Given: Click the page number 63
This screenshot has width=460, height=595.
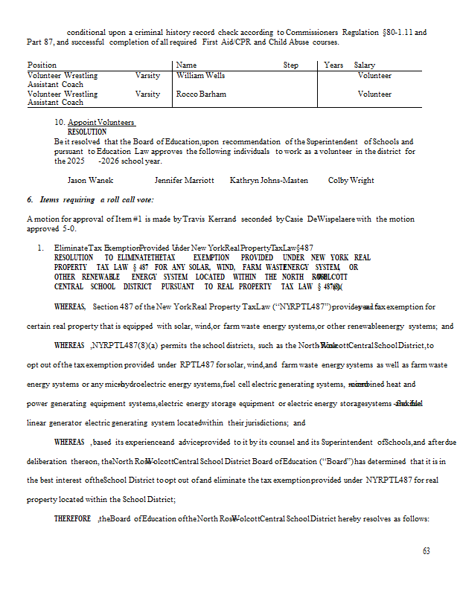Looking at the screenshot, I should point(426,551).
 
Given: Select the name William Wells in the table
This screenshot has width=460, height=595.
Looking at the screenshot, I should point(200,76).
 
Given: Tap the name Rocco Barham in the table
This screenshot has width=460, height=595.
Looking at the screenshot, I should point(201,94).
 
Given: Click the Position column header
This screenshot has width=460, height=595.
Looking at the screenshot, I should point(42,65).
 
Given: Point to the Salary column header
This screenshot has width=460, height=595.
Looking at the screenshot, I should point(365,65).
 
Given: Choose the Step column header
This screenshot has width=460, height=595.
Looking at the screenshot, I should point(291,65).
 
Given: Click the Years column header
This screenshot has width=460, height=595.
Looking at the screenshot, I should point(333,65).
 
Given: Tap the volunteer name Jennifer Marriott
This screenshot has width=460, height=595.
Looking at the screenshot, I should point(184,181).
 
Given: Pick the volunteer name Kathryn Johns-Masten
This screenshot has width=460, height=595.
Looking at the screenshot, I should point(269,181).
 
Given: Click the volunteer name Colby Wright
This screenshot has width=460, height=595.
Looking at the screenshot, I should point(351,181).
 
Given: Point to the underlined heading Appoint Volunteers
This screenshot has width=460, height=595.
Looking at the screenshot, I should point(101,123).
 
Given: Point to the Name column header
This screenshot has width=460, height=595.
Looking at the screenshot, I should point(186,65).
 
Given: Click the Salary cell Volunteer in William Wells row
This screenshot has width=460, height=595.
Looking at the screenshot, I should point(374,76).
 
